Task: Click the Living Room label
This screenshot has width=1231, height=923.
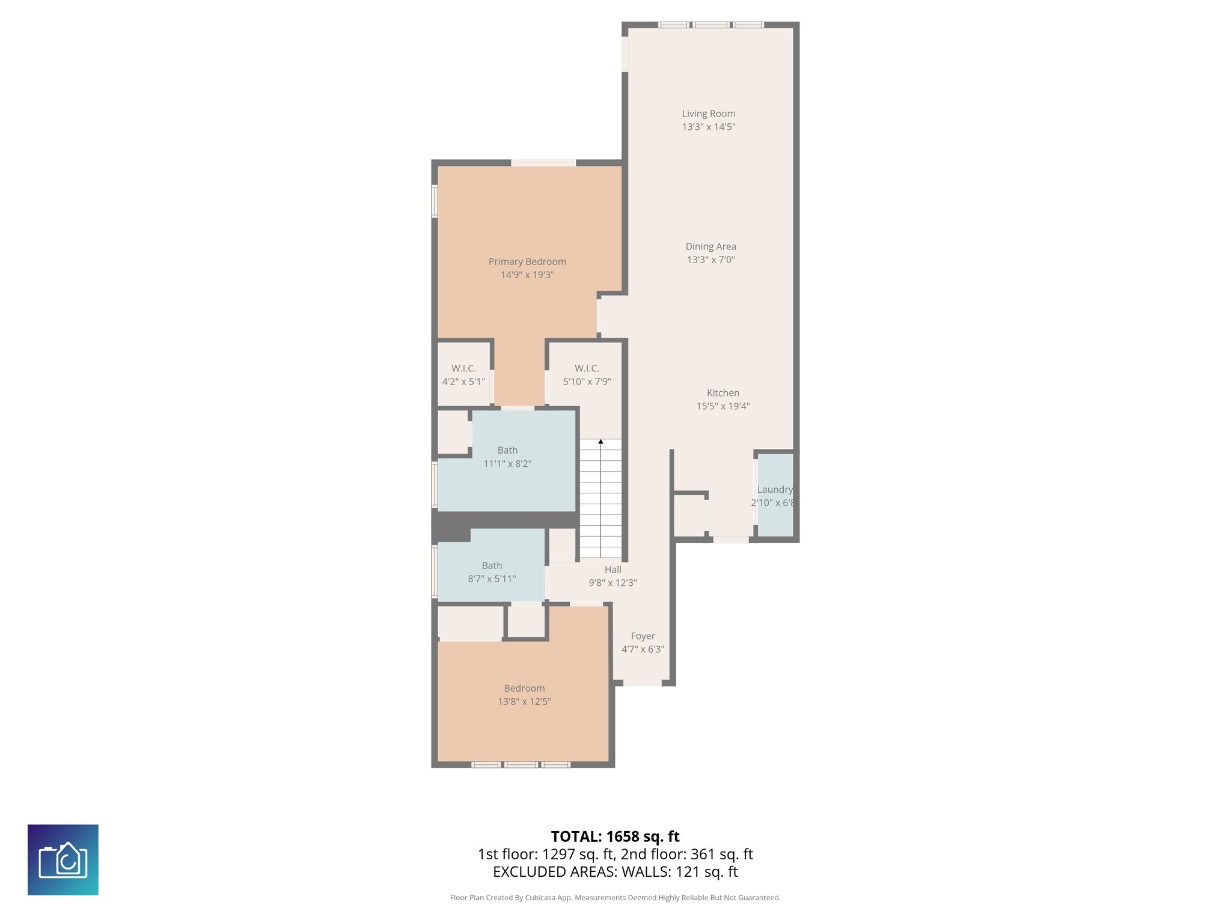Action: [708, 114]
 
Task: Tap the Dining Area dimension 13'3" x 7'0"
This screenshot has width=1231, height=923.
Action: [710, 260]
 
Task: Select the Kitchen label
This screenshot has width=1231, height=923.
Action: [722, 393]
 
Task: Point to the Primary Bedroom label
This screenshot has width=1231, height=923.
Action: [527, 261]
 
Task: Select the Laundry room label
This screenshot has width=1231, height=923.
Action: [774, 490]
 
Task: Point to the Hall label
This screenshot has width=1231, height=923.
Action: [612, 570]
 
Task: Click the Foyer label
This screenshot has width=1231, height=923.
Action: [643, 636]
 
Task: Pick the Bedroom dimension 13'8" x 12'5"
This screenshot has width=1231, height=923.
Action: [524, 701]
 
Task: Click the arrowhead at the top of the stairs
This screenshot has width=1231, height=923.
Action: [600, 442]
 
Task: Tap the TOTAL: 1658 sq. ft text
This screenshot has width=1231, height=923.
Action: [615, 836]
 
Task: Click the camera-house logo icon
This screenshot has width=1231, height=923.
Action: [63, 859]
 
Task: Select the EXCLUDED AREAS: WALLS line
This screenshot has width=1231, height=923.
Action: [615, 872]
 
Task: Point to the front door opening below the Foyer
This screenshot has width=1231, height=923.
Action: [642, 683]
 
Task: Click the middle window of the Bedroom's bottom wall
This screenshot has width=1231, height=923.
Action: [521, 764]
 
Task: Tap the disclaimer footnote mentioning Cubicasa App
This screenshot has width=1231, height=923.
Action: [615, 898]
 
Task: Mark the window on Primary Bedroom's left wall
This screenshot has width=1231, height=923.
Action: [434, 201]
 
